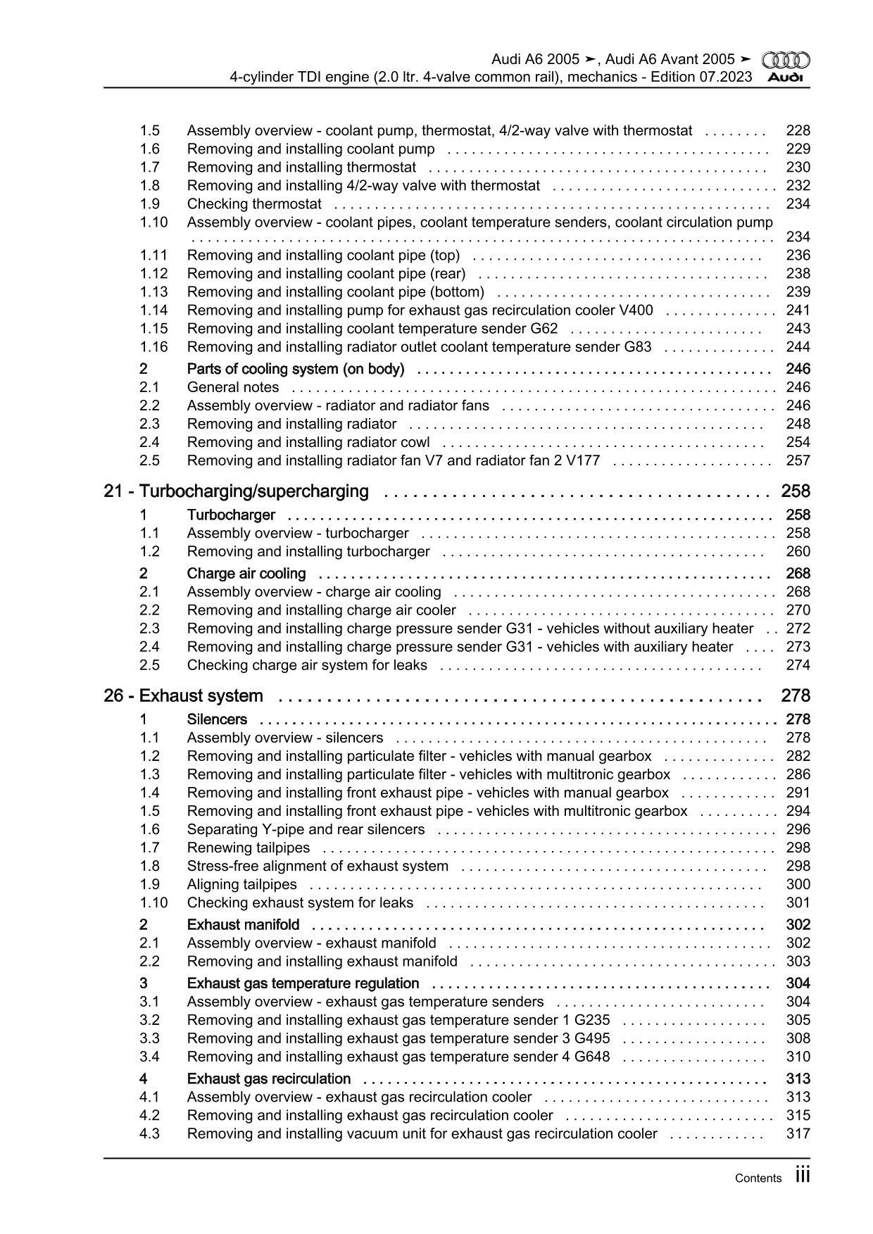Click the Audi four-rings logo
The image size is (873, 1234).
pos(786,60)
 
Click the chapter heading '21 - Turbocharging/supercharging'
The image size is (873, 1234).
pos(236,491)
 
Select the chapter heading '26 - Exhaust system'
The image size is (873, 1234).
pos(183,696)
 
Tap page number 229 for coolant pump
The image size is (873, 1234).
pos(798,149)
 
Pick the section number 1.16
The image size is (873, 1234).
pos(153,347)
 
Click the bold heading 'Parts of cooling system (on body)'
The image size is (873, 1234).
pos(295,369)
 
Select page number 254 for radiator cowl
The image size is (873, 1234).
pos(798,443)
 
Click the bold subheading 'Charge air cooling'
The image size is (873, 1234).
pos(246,574)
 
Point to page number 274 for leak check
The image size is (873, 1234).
pos(798,665)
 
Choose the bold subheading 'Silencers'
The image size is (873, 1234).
pos(217,719)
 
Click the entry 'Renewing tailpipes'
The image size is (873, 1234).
pos(248,848)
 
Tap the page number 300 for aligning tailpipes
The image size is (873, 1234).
pos(798,885)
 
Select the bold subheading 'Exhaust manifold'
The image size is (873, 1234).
pos(243,925)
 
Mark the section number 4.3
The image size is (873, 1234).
pos(149,1134)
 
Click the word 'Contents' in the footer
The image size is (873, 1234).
pos(758,1178)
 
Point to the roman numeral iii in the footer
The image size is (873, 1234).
pos(803,1176)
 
